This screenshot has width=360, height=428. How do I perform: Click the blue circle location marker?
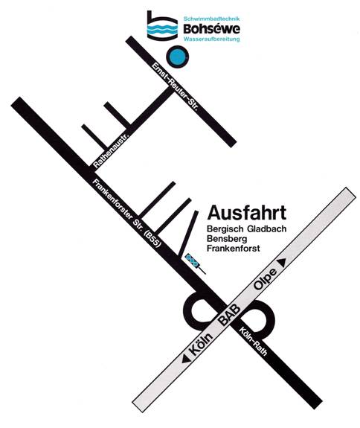click(x=177, y=57)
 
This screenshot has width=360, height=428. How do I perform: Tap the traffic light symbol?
click(x=195, y=263)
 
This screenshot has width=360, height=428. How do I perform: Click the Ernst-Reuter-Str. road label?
click(x=175, y=86)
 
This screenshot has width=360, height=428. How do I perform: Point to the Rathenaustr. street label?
click(x=112, y=150)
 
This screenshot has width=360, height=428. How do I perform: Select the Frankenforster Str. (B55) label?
click(x=126, y=213)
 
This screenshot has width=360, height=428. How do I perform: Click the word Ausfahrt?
click(x=247, y=212)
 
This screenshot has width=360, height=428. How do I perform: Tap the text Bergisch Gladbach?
click(x=247, y=229)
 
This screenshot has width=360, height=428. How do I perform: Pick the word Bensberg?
click(x=227, y=238)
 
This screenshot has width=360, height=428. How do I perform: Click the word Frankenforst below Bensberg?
click(x=234, y=248)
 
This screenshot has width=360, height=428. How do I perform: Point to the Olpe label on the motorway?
click(x=266, y=278)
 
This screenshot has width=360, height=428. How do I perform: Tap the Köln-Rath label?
click(x=253, y=341)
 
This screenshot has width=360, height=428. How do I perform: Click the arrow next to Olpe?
click(x=282, y=263)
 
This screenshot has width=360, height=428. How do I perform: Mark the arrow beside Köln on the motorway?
click(x=186, y=359)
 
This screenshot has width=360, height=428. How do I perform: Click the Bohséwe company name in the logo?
click(x=212, y=29)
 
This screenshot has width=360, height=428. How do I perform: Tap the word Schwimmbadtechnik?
click(x=212, y=19)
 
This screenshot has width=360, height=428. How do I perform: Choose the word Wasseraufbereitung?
click(x=212, y=39)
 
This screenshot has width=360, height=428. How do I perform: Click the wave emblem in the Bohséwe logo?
click(x=162, y=30)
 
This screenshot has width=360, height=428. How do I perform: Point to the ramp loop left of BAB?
click(x=188, y=311)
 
